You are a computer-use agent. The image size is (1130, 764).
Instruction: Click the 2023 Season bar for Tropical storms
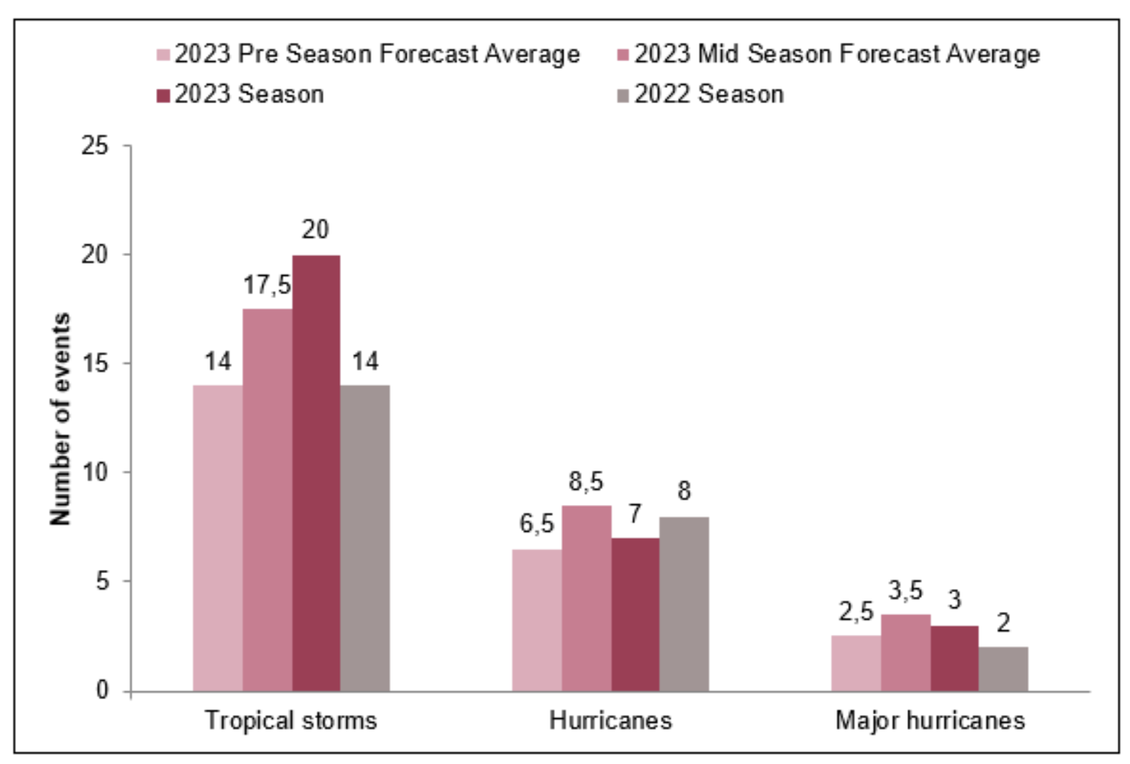click(x=316, y=474)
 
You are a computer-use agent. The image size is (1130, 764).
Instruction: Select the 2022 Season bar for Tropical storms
click(x=365, y=539)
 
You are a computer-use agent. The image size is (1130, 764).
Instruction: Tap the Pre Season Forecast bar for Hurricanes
click(x=537, y=620)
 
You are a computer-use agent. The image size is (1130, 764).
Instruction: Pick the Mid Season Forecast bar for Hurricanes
click(x=586, y=599)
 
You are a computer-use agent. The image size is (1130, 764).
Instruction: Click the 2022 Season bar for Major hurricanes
click(x=1003, y=669)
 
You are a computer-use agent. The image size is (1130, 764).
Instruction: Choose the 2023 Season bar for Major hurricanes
click(x=954, y=659)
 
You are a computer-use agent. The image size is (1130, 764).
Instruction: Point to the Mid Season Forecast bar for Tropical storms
click(x=267, y=500)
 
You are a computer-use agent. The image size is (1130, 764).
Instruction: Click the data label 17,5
click(x=267, y=286)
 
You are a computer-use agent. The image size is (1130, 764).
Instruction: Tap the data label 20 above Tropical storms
click(x=315, y=229)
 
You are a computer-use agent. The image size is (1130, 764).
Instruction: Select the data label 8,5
click(x=586, y=481)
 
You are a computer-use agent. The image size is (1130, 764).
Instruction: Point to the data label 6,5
click(x=537, y=524)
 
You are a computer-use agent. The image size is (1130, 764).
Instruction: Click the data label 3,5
click(x=905, y=590)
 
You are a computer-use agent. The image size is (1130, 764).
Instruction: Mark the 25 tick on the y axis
click(x=95, y=145)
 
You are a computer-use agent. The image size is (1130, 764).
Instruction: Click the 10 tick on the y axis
click(x=95, y=472)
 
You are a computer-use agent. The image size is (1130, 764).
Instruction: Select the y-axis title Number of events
click(x=60, y=419)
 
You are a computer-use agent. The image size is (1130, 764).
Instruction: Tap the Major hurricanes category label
click(x=930, y=720)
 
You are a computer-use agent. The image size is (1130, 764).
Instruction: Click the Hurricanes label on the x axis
click(x=610, y=720)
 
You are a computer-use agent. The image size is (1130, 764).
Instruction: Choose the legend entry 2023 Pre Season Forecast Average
click(x=377, y=54)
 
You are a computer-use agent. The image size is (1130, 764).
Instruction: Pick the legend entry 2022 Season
click(x=709, y=95)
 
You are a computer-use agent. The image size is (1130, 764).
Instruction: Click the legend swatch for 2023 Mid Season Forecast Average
click(x=622, y=55)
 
